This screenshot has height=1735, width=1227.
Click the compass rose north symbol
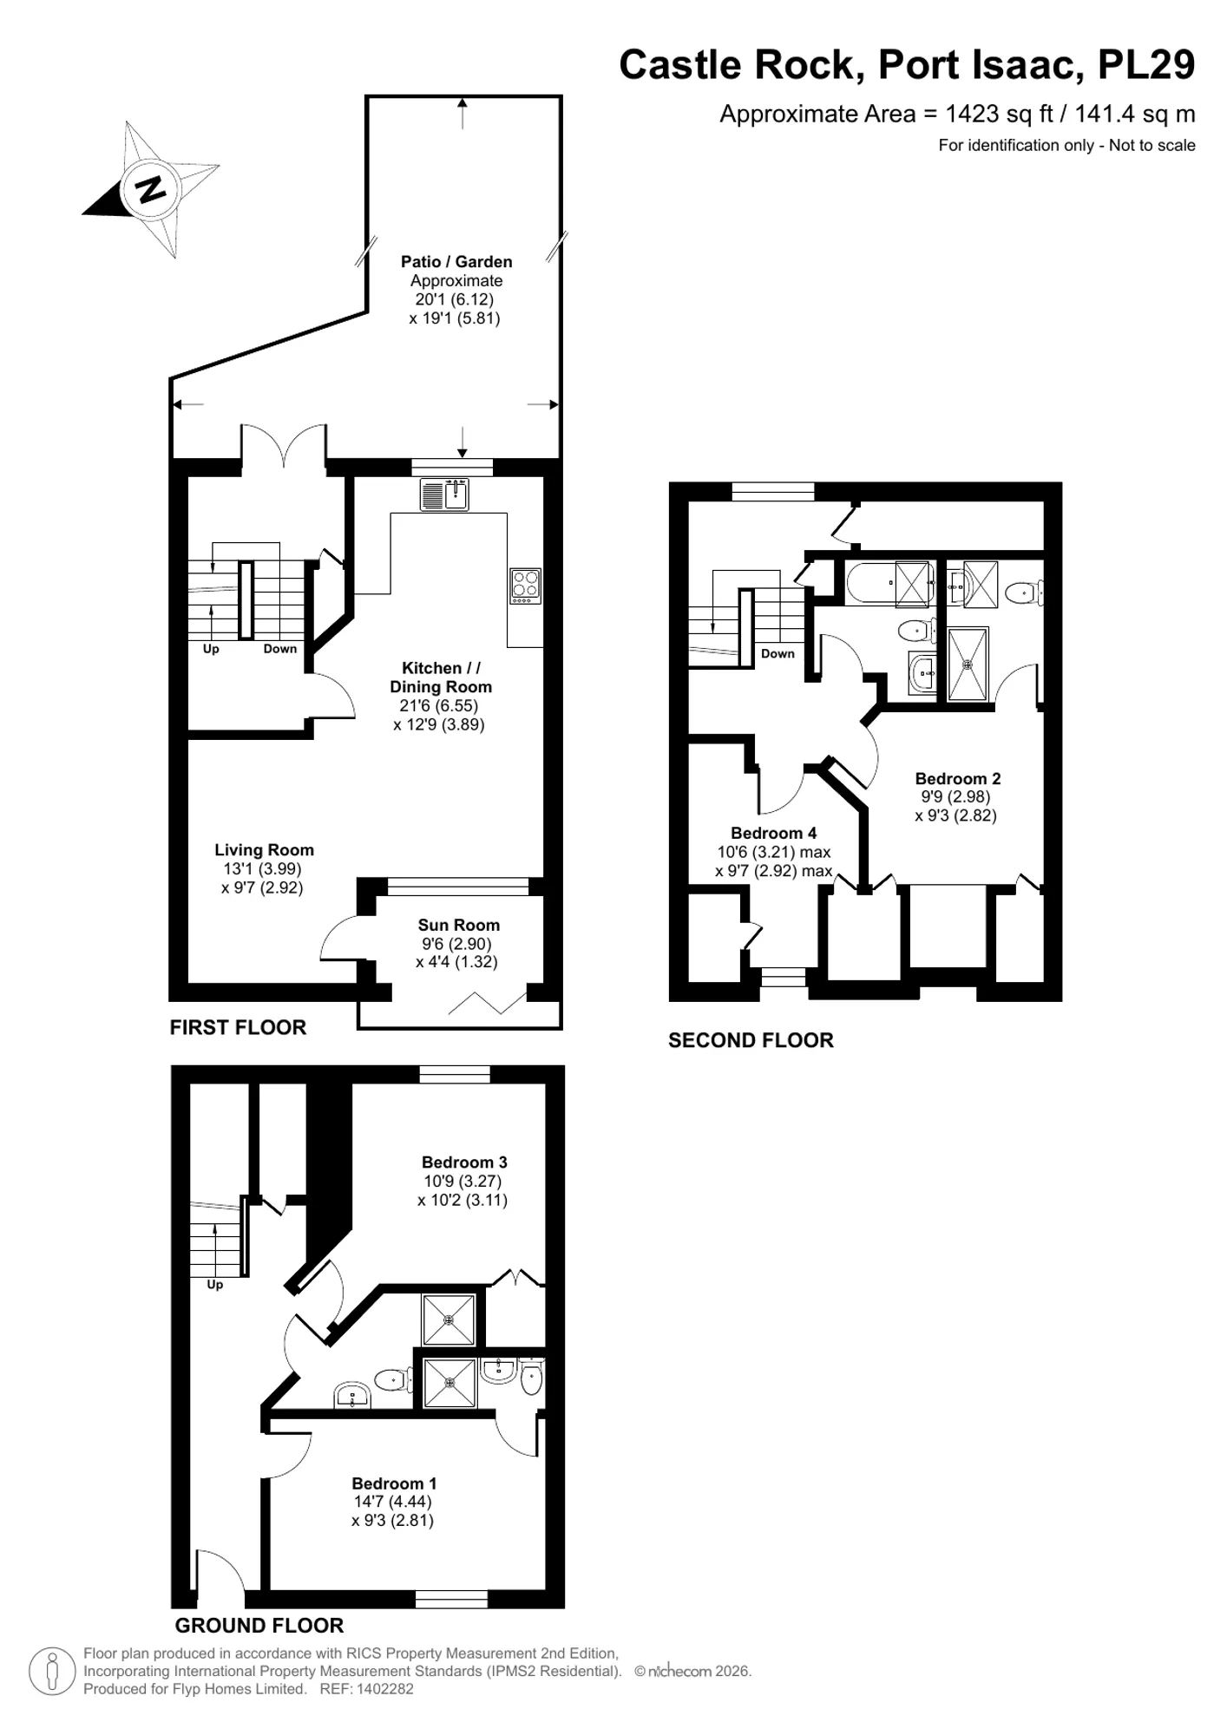click(x=151, y=189)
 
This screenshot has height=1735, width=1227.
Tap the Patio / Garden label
click(x=456, y=262)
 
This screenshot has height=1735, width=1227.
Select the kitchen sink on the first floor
click(x=444, y=494)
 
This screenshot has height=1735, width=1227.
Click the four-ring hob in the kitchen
click(x=525, y=585)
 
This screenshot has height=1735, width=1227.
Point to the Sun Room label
click(x=459, y=925)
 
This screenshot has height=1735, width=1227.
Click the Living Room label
click(x=264, y=850)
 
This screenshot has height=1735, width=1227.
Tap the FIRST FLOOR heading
click(x=238, y=1027)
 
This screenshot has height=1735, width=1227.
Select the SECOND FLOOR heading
click(x=751, y=1040)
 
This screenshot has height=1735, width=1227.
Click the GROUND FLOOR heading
click(x=259, y=1625)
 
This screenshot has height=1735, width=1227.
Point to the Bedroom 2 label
click(x=958, y=778)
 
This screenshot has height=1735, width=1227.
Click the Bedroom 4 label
click(x=773, y=833)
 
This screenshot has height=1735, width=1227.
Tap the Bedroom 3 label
click(x=464, y=1162)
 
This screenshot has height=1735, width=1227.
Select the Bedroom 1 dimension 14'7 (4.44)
click(x=392, y=1501)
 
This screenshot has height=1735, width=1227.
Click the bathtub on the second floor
click(x=889, y=583)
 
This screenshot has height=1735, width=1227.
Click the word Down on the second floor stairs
click(x=778, y=653)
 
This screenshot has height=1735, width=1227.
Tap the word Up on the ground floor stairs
click(x=214, y=1284)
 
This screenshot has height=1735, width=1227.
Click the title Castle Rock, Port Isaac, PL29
click(x=907, y=65)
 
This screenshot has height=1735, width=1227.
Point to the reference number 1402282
click(x=384, y=1688)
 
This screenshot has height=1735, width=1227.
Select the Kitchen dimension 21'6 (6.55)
click(x=439, y=705)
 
